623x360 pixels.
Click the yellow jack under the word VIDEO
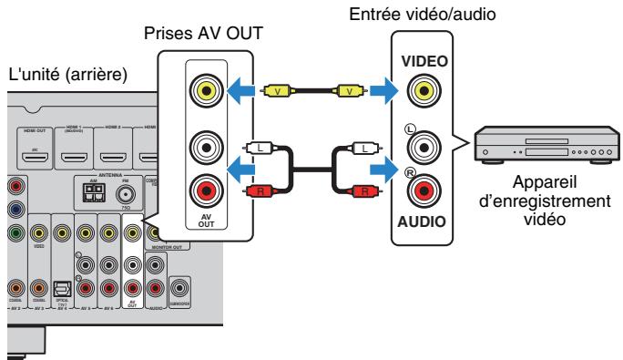tap(420, 90)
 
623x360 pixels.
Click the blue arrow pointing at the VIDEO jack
tap(382, 90)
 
